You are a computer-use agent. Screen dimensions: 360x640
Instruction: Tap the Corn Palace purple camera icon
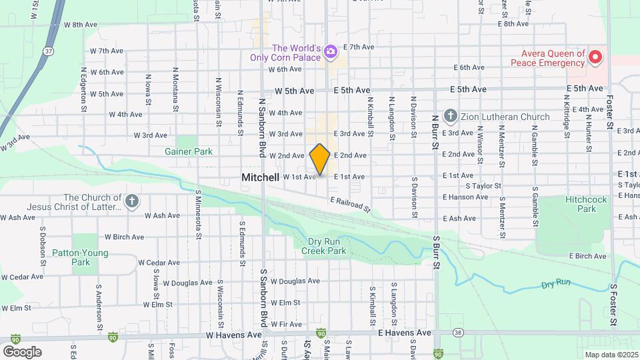(329, 51)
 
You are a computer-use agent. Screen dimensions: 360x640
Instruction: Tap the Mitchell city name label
(260, 177)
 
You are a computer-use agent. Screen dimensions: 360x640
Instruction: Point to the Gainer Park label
(189, 151)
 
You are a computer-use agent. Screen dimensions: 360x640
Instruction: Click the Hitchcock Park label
(577, 204)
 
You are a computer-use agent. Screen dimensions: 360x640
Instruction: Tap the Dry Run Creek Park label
(324, 246)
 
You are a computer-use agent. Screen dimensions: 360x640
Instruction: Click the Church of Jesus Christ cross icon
(133, 202)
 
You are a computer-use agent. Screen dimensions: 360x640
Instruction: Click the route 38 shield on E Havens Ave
(457, 332)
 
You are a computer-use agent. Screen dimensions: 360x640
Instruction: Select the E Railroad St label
(350, 205)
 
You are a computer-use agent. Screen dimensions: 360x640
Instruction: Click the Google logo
(22, 351)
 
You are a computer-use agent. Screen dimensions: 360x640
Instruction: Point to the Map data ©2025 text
(611, 355)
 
